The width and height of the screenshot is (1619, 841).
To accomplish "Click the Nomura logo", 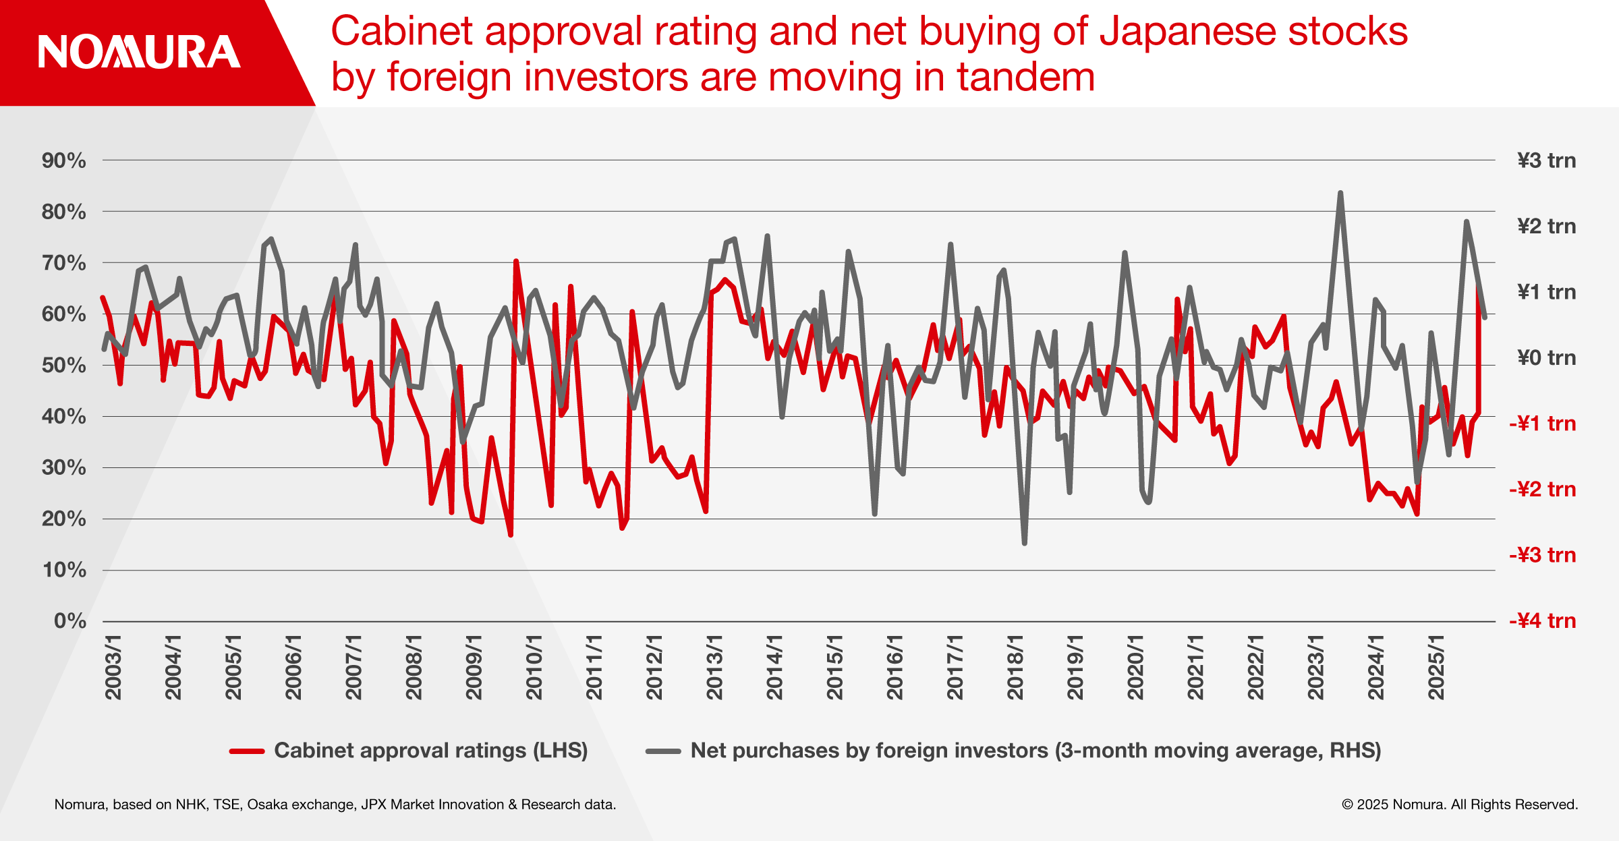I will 139,52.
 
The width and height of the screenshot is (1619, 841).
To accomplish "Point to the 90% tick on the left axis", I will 64,161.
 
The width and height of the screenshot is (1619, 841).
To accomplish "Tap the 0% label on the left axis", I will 70,620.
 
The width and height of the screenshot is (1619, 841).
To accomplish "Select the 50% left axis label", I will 64,366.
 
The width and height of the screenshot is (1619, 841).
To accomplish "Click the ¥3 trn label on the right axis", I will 1546,161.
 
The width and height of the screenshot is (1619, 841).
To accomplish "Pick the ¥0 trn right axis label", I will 1546,357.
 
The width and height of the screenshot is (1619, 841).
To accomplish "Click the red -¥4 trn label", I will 1542,620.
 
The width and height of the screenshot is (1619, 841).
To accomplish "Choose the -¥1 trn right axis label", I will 1542,424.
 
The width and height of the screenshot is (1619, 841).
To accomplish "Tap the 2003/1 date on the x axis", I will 113,667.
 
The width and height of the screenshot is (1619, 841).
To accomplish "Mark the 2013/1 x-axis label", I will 714,667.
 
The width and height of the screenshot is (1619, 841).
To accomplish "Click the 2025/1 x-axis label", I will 1436,667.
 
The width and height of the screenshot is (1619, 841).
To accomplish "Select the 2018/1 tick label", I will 1015,667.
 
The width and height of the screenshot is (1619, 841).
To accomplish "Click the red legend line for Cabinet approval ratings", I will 247,751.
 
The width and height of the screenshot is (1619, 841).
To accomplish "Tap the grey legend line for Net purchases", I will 663,751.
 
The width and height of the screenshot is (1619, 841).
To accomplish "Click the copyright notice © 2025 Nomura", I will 1459,805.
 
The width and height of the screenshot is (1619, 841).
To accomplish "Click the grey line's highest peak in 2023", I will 1340,194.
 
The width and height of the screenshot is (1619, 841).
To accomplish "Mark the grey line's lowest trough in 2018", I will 1024,543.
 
